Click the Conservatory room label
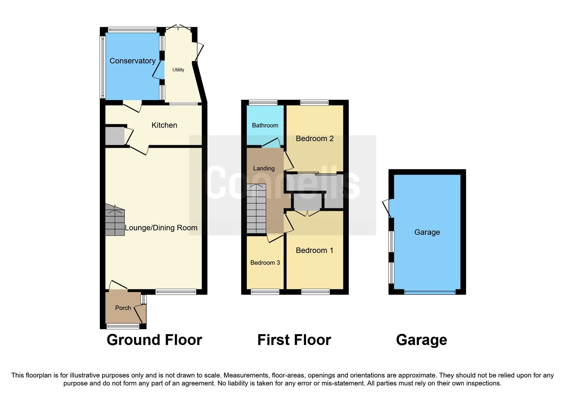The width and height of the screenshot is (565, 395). tap(132, 61)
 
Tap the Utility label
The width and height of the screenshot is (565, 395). tap(178, 70)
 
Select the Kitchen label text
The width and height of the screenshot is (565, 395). tap(164, 125)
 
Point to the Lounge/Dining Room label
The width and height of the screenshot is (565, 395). tap(161, 228)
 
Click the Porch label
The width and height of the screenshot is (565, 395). tap(123, 308)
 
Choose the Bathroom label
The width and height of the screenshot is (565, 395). tap(265, 125)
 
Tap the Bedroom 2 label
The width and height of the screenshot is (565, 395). tap(315, 139)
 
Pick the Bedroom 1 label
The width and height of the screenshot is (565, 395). tap(315, 250)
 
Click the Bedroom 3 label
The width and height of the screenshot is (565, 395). tap(265, 262)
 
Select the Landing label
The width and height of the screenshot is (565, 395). tap(264, 168)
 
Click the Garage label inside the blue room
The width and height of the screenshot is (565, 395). tap(427, 232)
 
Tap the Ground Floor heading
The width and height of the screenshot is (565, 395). tap(154, 340)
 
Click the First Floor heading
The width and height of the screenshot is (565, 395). tap(294, 340)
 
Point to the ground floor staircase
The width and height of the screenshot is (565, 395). tap(115, 220)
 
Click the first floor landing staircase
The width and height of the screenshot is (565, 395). tap(256, 209)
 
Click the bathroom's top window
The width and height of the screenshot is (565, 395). tap(263, 103)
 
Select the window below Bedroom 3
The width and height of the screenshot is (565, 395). tap(265, 291)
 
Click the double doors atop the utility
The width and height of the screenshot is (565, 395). tap(179, 27)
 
